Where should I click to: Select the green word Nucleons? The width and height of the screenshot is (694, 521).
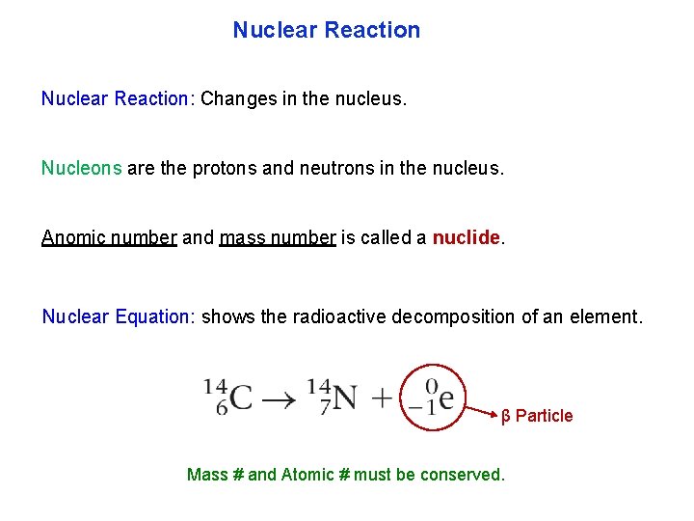click(x=81, y=168)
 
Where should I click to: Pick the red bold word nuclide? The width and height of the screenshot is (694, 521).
click(x=467, y=237)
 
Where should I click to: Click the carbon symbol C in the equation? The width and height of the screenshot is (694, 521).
click(x=241, y=397)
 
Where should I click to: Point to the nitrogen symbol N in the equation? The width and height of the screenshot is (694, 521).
click(x=345, y=397)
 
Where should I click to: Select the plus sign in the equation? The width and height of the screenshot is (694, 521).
click(x=383, y=398)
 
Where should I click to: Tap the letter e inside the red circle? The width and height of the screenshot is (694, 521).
click(x=446, y=396)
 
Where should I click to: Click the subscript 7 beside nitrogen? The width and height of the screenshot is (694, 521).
click(x=326, y=407)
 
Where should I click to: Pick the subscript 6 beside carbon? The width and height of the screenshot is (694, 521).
click(x=222, y=407)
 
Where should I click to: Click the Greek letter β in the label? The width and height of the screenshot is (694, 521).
click(x=506, y=416)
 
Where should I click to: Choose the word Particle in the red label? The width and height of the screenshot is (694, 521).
click(x=544, y=416)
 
